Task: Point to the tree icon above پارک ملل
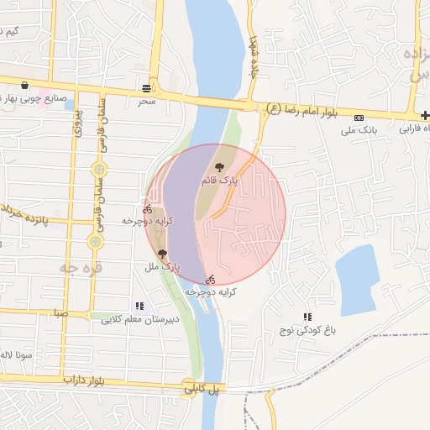(x=162, y=254)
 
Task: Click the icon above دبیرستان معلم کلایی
(x=139, y=307)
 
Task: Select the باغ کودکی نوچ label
(x=307, y=330)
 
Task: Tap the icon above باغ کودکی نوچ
(x=307, y=317)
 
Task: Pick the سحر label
(x=148, y=101)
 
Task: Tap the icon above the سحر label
(x=148, y=87)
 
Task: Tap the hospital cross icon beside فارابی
(x=412, y=116)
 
